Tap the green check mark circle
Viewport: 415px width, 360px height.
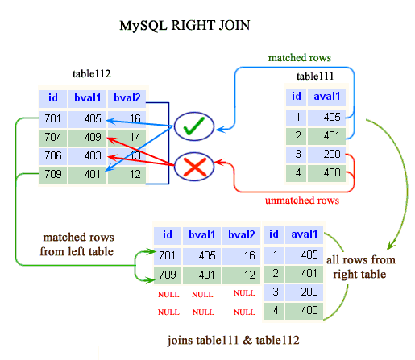click(x=191, y=126)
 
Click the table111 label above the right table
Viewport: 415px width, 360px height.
click(x=319, y=77)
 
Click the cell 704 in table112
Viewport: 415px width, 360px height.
click(x=52, y=137)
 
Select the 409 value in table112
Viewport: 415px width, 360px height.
click(x=90, y=137)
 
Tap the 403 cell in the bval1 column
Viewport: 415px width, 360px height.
click(x=90, y=155)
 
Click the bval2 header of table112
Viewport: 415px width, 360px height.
click(x=127, y=98)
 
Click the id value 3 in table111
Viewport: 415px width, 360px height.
click(x=296, y=154)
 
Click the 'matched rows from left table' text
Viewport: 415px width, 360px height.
click(x=78, y=245)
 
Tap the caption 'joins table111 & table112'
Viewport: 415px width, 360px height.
click(x=233, y=341)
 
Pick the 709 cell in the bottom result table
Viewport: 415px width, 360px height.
click(x=167, y=275)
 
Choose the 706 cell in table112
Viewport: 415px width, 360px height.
click(x=52, y=155)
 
